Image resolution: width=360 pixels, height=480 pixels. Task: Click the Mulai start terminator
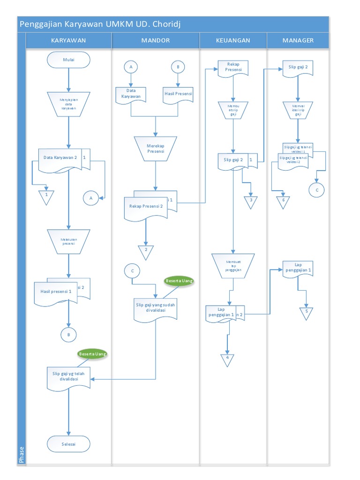68,60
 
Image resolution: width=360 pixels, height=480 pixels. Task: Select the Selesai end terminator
68,443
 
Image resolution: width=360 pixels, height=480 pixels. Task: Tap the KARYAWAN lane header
68,40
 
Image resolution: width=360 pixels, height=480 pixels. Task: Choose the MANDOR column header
156,40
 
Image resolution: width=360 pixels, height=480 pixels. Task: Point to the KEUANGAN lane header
233,40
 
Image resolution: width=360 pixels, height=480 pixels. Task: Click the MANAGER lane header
298,40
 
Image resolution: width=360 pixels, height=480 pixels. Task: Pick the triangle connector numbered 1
46,197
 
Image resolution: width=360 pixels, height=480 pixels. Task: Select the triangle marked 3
251,202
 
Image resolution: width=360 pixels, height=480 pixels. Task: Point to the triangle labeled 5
307,313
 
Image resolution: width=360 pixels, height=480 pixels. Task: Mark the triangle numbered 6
283,202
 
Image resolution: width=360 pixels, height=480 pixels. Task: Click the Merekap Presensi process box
155,148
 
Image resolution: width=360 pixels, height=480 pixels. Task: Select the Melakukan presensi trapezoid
68,241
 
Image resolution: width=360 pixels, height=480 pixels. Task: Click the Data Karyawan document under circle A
131,95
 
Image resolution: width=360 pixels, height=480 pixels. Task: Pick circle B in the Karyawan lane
68,334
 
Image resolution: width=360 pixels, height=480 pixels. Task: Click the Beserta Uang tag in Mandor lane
179,280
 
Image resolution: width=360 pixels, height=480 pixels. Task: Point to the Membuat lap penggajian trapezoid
233,265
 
